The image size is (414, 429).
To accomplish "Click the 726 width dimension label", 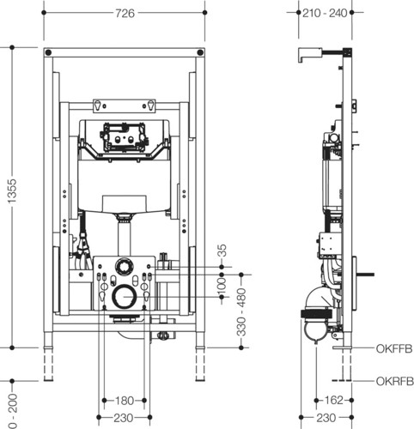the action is [125, 13].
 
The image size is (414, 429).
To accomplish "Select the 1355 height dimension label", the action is [12, 191].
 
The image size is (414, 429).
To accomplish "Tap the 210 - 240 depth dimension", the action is [325, 13].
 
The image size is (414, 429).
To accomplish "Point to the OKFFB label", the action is [394, 348].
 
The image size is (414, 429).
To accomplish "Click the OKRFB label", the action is [395, 381].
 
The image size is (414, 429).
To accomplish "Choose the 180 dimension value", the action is [125, 401].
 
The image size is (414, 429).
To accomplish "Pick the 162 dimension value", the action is [334, 400].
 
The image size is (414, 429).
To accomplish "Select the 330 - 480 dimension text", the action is [241, 311].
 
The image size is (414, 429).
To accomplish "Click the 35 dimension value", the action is [222, 251].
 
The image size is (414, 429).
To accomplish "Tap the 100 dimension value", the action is [222, 286].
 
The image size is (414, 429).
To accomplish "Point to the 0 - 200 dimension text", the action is [12, 411].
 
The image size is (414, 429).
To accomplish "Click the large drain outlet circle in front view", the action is [123, 297].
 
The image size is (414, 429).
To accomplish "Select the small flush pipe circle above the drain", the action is [123, 266].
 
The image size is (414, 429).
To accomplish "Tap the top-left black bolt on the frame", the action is [48, 52].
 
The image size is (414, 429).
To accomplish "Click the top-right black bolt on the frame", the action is [200, 52].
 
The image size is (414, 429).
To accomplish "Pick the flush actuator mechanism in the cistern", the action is [124, 136].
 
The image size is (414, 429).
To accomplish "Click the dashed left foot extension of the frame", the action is [48, 364].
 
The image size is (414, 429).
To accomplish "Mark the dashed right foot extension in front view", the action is [200, 364].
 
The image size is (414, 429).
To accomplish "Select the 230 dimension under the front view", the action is [124, 418].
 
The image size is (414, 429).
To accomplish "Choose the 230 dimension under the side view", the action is [326, 418].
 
